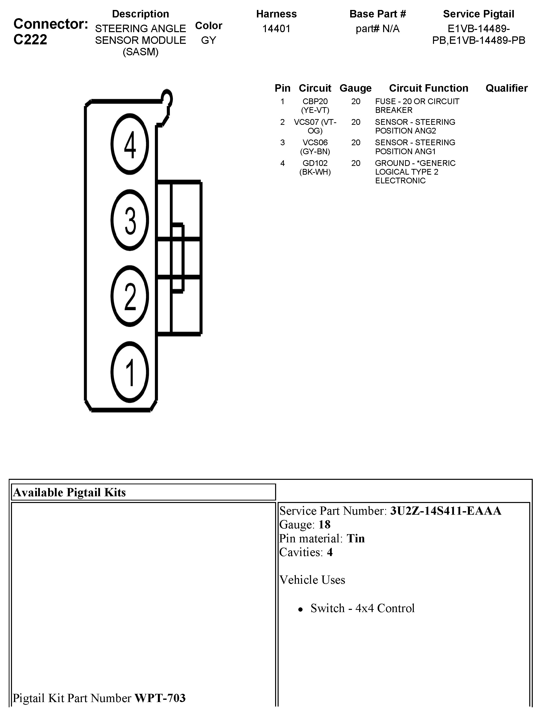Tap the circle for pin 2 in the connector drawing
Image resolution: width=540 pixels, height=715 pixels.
pos(130,296)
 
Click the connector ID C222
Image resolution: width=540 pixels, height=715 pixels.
pos(30,39)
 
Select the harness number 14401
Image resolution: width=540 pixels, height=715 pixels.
pos(276,29)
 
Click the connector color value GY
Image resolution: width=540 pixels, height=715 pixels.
pos(208,40)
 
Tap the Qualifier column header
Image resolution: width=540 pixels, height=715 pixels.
pos(506,88)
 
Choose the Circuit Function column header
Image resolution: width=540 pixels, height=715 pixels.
pos(428,88)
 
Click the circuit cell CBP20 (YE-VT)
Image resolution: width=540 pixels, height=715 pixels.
pos(315,106)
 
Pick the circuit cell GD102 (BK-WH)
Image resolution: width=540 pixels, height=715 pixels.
pos(315,167)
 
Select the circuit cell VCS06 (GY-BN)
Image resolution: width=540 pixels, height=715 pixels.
pos(315,147)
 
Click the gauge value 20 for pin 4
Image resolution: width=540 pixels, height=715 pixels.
pos(356,163)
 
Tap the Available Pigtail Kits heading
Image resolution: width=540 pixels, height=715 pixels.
pos(70,492)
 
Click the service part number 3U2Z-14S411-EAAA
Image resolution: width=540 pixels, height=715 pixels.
pos(445,511)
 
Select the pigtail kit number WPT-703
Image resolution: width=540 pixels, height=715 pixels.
pos(160,698)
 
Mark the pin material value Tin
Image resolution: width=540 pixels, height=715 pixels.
pos(356,539)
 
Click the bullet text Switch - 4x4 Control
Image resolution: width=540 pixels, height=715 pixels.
pos(362,608)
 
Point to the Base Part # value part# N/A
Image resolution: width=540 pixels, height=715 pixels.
pos(378,29)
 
